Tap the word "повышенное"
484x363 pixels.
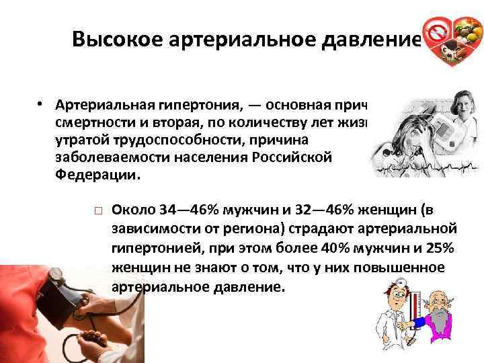409,268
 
